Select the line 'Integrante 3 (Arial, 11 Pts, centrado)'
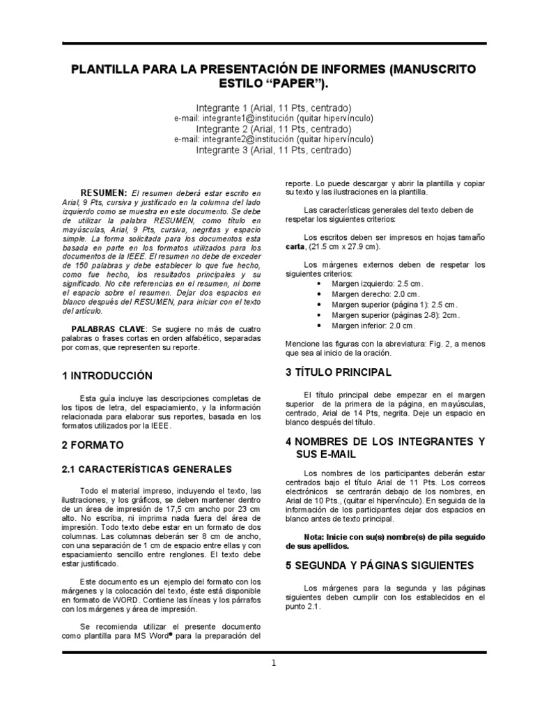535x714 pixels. pyautogui.click(x=273, y=150)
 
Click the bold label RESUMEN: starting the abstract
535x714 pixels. pyautogui.click(x=103, y=192)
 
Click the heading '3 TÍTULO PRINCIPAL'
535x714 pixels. pyautogui.click(x=339, y=372)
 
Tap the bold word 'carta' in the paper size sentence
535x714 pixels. pyautogui.click(x=295, y=248)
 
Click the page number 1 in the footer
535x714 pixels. pyautogui.click(x=274, y=663)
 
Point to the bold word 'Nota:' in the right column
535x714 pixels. pyautogui.click(x=317, y=537)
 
